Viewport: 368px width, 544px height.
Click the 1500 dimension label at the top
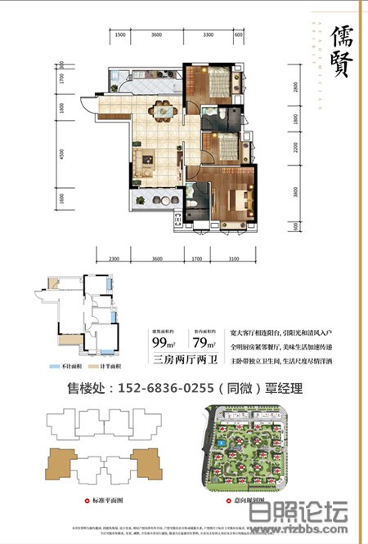[x=119, y=36]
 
